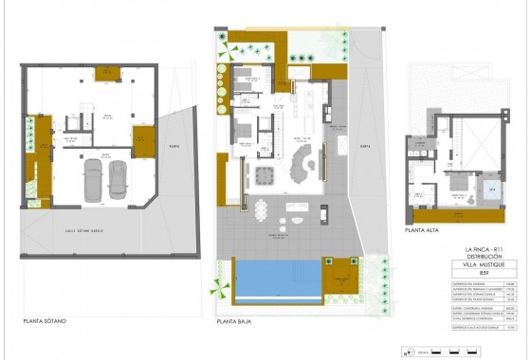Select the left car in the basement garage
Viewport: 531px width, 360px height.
coord(94,179)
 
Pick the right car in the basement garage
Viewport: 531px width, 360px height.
coord(118,179)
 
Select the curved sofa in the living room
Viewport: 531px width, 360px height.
coord(303,166)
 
